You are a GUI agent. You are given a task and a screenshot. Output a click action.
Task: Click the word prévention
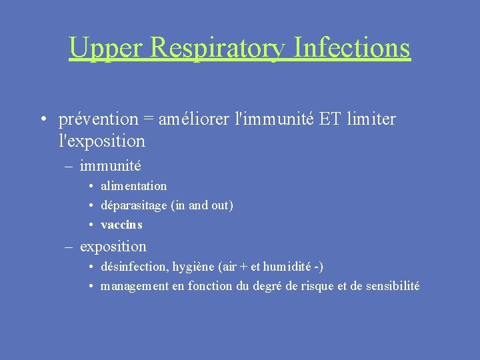click(98, 119)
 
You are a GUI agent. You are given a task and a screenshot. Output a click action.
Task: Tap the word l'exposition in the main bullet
click(101, 141)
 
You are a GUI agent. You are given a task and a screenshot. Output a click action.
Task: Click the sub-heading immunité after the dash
click(110, 165)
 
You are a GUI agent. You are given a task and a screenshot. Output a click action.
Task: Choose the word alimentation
click(133, 186)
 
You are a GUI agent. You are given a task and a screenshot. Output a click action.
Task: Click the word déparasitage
click(133, 205)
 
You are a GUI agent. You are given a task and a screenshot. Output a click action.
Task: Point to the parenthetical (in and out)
click(202, 205)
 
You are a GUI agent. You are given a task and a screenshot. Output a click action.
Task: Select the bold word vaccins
click(121, 225)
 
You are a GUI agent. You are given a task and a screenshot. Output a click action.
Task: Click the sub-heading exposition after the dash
click(113, 246)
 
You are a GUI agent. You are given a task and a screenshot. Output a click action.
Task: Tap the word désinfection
click(134, 267)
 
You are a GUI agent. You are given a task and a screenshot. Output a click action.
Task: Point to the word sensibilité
click(393, 286)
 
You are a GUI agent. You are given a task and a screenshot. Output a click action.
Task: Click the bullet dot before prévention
click(42, 120)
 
